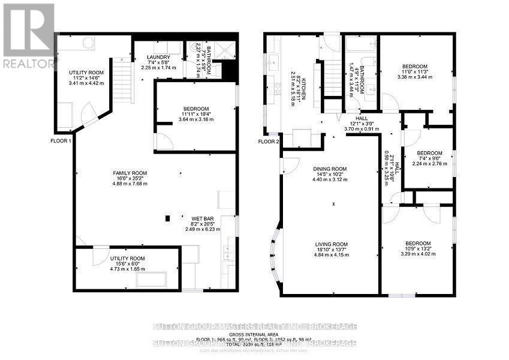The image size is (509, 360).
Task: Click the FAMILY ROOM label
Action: click(130, 173)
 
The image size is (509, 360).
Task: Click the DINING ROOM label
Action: click(330, 169)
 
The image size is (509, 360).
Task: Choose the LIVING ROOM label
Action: click(330, 244)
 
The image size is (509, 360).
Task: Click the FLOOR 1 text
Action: click(61, 141)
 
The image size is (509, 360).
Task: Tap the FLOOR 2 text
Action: click(269, 142)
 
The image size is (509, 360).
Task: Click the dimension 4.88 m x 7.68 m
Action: click(130, 184)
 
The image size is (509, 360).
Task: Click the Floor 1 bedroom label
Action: click(196, 108)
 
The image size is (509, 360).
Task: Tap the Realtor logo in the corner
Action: click(28, 36)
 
